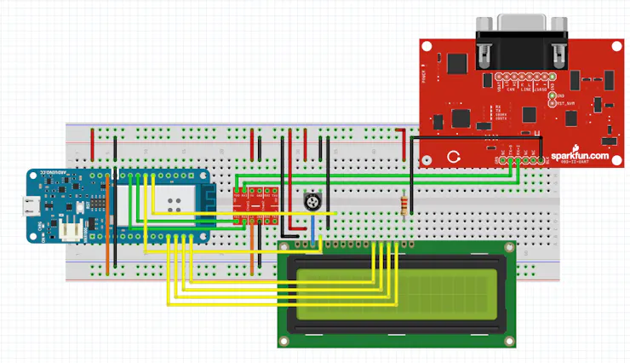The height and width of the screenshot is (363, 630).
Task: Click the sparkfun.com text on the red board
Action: coord(579,156)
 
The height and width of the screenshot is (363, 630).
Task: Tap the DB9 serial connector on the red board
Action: coord(521,38)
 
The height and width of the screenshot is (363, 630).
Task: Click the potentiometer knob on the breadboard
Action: coord(312,202)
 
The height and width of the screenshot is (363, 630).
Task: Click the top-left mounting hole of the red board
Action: coord(430,47)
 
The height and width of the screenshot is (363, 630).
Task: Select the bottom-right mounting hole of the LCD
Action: coord(510,341)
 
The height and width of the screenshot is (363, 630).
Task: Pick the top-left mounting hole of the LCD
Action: coord(284,248)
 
